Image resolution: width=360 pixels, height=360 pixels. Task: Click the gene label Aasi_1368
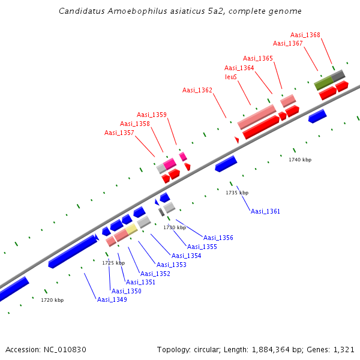point(305,35)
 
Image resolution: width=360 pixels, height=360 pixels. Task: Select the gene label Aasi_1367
point(288,43)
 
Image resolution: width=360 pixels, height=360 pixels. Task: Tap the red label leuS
point(231,77)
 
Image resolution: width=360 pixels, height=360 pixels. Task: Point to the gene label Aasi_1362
point(197,90)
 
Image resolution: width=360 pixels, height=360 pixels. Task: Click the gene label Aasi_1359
point(152,115)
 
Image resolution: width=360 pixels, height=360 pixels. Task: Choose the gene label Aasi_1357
point(119,133)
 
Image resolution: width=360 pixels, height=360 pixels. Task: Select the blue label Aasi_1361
point(265,211)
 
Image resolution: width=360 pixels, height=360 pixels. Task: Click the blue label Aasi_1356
point(218,238)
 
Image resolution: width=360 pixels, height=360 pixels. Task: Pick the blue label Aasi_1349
point(112,299)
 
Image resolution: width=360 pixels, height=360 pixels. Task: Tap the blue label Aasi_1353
point(172,265)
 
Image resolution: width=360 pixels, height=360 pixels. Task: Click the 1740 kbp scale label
point(300,160)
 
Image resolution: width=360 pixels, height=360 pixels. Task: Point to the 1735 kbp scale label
point(237,193)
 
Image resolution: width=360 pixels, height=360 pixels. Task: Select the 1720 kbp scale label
point(52,300)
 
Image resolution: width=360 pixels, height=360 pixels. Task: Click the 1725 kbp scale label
point(113,263)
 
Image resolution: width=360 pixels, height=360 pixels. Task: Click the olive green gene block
point(323,82)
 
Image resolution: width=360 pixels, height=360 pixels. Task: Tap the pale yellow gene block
point(131,230)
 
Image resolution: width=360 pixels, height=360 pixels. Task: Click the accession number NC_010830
point(65,349)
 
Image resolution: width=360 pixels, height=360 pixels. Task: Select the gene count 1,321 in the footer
point(344,349)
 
